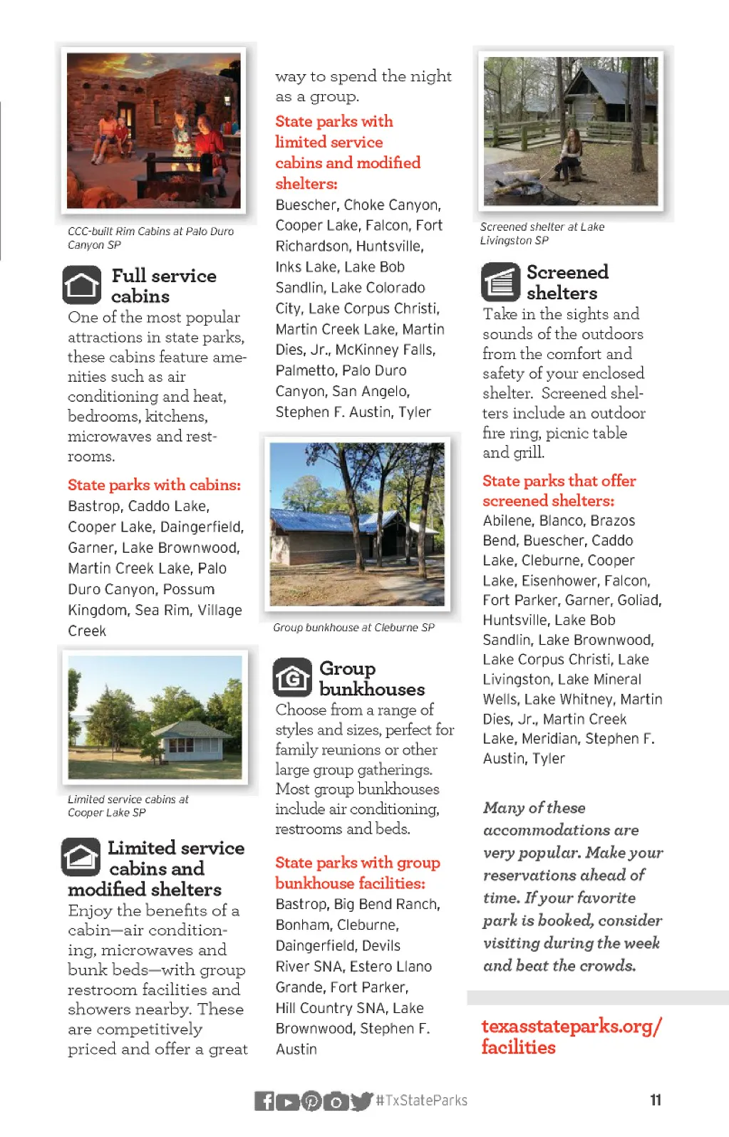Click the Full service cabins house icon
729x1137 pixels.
81,284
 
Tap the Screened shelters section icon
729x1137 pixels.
500,282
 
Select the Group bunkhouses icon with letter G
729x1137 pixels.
292,677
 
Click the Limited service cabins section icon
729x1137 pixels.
81,856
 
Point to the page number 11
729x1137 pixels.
656,1100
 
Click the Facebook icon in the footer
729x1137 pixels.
264,1101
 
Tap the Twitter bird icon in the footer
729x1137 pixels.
362,1101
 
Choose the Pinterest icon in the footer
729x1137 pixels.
311,1101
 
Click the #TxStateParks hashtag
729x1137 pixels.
422,1101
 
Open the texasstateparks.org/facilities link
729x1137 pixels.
571,1037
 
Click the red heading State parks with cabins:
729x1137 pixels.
154,485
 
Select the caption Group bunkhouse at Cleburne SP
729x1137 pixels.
353,628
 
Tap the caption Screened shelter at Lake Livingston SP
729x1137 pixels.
542,234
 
